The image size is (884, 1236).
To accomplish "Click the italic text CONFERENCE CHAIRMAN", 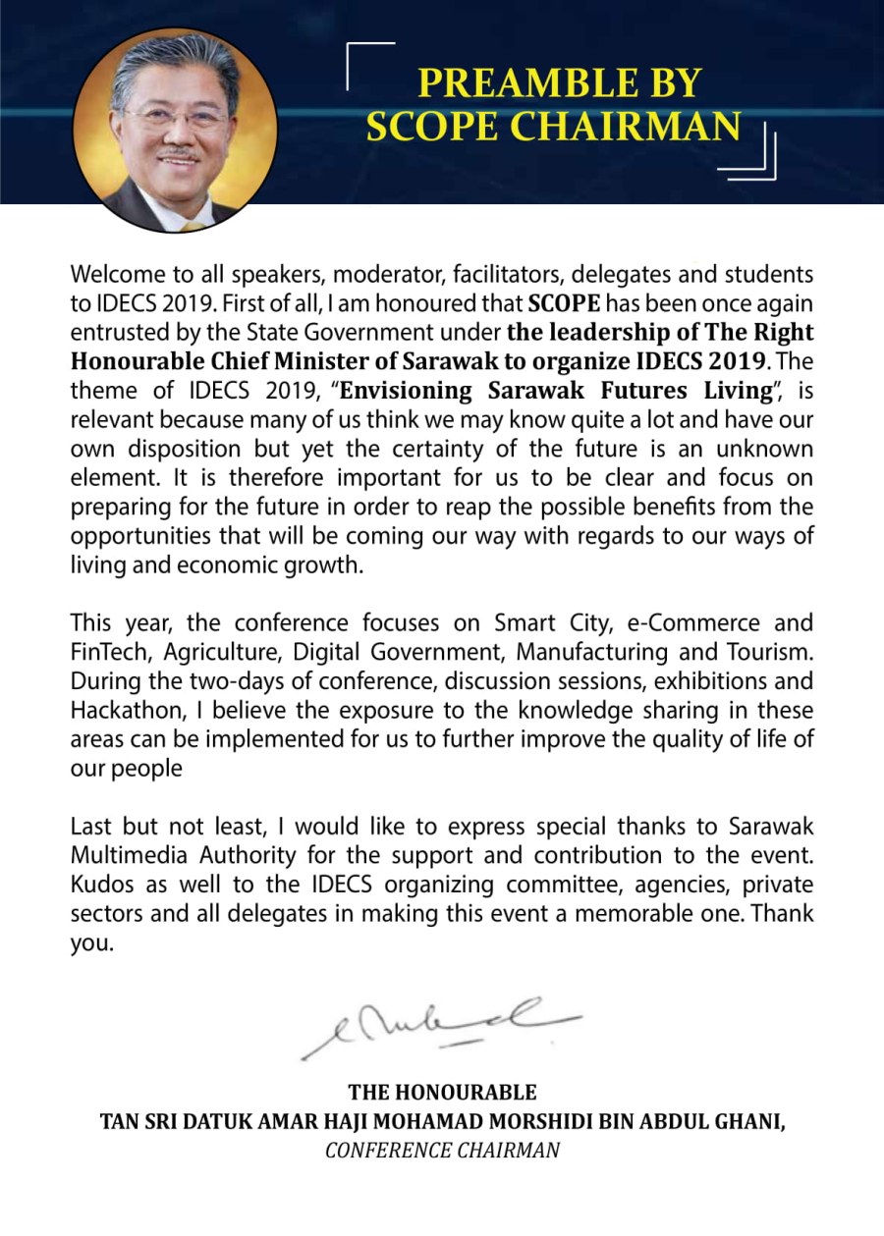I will (x=442, y=1151).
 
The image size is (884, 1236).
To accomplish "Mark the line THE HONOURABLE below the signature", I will (x=442, y=1093).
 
